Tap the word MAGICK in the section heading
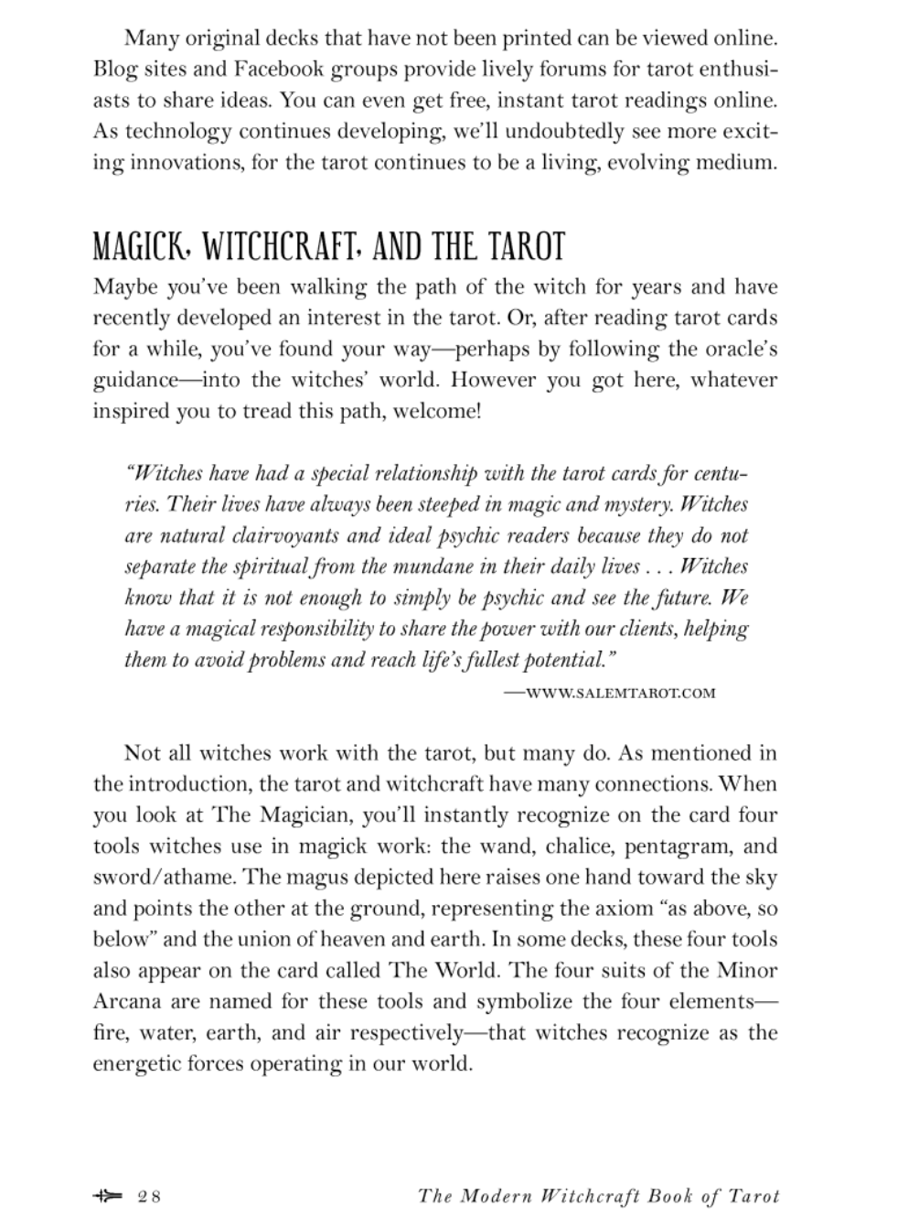pos(142,247)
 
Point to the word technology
pos(177,131)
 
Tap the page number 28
pos(150,1196)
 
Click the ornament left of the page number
pos(107,1195)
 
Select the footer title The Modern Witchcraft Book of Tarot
pos(598,1196)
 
